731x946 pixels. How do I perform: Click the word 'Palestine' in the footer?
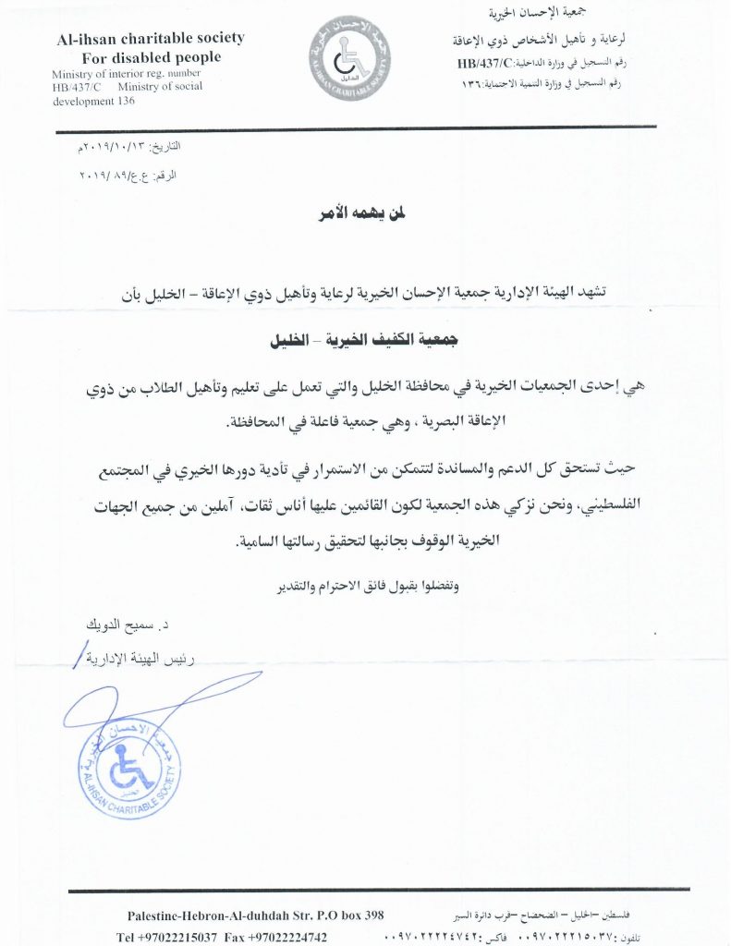[154, 915]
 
